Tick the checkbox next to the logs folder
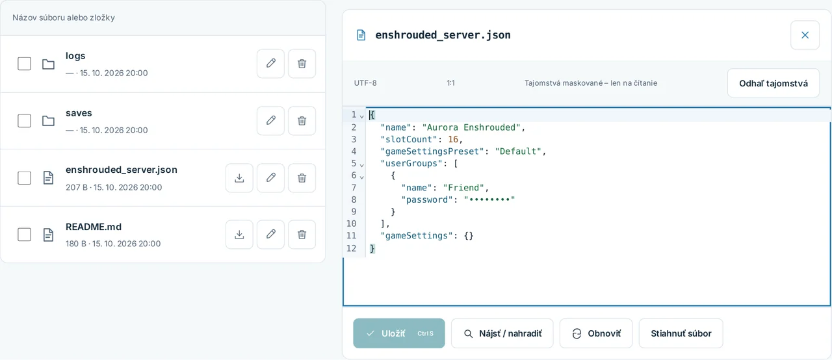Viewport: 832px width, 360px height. point(25,64)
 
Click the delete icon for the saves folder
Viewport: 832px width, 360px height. point(302,121)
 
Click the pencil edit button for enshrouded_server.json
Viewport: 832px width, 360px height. point(271,178)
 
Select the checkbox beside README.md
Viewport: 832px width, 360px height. point(25,235)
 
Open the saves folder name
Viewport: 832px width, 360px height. point(79,113)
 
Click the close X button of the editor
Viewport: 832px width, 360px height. point(805,35)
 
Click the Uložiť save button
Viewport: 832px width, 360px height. point(399,333)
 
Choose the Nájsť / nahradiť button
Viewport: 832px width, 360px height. point(502,333)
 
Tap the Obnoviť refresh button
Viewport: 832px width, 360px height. point(596,333)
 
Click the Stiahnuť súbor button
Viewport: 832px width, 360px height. point(681,333)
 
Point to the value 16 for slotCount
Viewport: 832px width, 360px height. point(453,140)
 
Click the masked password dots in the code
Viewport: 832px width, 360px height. point(489,199)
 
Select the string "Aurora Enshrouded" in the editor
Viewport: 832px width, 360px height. point(471,127)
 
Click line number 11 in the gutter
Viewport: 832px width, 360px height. point(351,236)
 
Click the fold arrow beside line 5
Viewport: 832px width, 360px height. point(362,165)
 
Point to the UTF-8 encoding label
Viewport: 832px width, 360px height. point(365,83)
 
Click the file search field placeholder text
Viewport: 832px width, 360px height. point(64,18)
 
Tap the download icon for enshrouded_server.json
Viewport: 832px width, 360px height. point(239,178)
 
